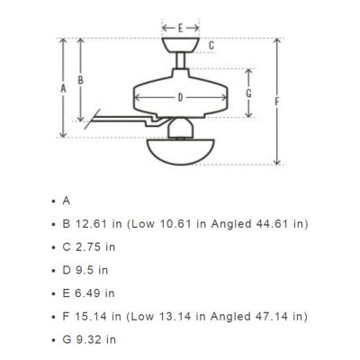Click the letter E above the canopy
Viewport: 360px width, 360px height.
tap(180, 28)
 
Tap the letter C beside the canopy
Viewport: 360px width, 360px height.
tap(211, 46)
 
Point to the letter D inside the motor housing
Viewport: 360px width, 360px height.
tap(180, 97)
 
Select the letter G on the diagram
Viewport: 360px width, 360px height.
tap(248, 94)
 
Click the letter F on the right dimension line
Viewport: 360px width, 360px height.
tap(277, 102)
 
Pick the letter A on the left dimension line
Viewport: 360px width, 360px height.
tap(63, 88)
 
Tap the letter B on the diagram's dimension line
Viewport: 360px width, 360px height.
tap(80, 80)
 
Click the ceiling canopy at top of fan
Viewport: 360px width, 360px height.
tap(181, 45)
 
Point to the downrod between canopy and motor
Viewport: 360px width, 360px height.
tap(180, 60)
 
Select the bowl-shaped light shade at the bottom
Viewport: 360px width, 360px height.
tap(181, 151)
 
